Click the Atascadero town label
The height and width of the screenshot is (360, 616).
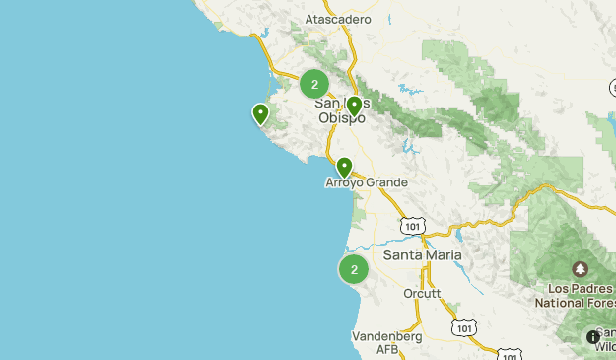point(338,19)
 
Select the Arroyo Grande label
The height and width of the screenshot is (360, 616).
point(366,182)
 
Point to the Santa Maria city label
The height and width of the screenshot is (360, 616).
point(422,254)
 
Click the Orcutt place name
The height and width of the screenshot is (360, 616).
point(422,294)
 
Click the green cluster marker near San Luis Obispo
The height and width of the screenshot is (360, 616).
point(314,84)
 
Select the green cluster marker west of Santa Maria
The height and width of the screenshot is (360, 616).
point(354,268)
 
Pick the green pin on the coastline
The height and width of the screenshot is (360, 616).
point(260,114)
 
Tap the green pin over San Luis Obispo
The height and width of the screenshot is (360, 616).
point(354,106)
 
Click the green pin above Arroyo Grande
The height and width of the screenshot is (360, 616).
point(344,168)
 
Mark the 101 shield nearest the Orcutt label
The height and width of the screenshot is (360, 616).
point(464,326)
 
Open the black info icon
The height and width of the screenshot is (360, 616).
point(592,337)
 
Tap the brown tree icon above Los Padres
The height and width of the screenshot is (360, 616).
point(580,269)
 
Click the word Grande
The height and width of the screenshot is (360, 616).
point(384,182)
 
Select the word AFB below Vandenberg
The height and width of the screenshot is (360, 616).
point(386,349)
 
